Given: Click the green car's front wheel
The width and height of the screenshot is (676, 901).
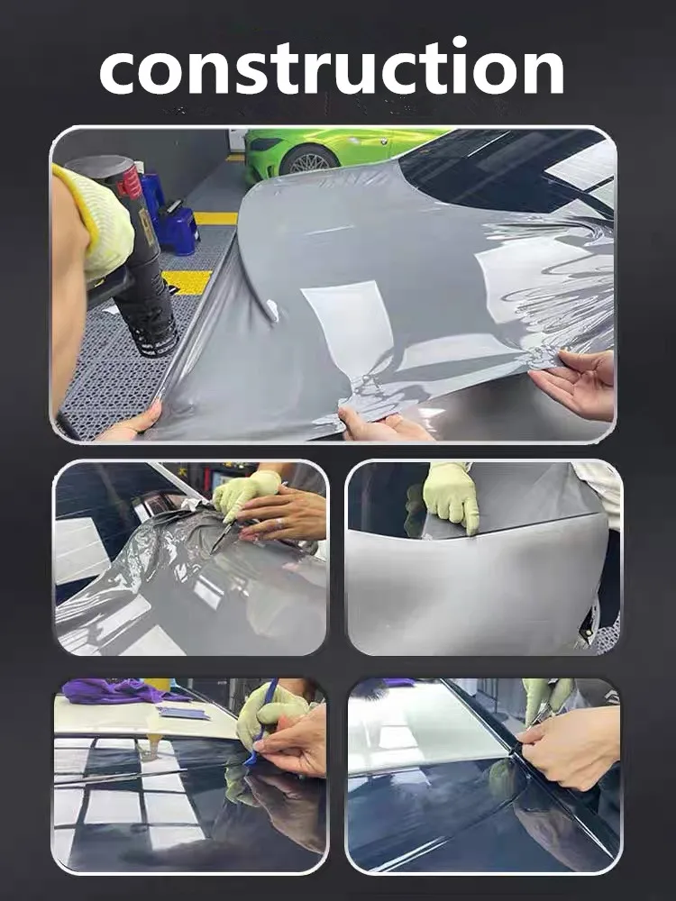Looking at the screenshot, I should [x=309, y=161].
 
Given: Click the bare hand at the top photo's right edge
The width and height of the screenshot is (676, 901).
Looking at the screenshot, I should [x=577, y=383].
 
